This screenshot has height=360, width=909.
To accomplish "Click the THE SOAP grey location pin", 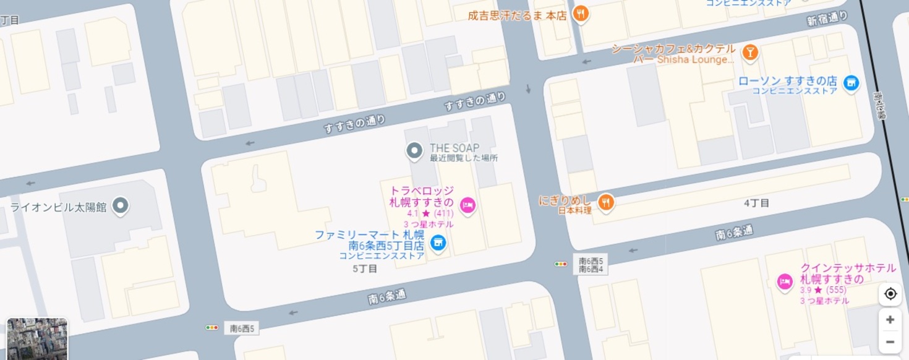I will (414, 150).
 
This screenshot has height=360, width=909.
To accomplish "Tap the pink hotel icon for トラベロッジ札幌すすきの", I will (467, 205).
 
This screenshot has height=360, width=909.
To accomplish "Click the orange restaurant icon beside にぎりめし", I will (606, 201).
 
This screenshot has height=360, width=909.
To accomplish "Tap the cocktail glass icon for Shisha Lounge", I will (750, 53).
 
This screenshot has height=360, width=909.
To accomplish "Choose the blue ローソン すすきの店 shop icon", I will (851, 83).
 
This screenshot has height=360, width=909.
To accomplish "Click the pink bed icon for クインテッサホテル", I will (785, 282).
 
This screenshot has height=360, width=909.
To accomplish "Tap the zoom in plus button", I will (890, 320).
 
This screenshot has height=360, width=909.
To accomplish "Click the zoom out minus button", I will (890, 341).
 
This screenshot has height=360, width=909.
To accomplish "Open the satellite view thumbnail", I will (37, 339).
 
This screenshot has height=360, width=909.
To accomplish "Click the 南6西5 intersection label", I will (242, 328).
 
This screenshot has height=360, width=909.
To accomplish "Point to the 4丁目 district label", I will (756, 203).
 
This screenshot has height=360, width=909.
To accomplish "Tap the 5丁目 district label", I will (365, 269).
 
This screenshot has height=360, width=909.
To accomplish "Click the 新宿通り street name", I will (827, 20).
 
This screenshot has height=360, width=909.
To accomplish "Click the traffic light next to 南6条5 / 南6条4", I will (561, 264).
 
